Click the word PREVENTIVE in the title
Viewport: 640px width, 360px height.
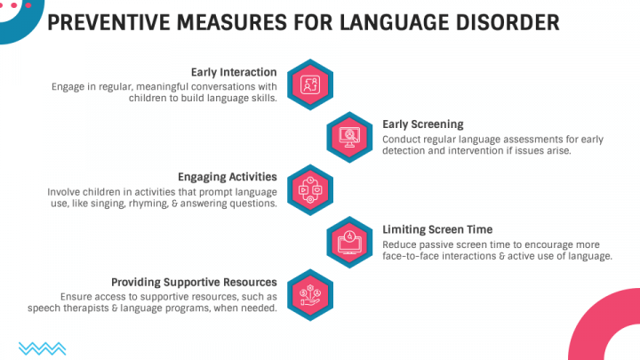click(x=108, y=22)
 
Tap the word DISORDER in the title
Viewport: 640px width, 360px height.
click(x=508, y=22)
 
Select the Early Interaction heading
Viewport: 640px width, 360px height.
click(x=234, y=72)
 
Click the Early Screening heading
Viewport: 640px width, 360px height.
click(x=423, y=124)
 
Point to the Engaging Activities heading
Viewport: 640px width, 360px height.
click(x=228, y=177)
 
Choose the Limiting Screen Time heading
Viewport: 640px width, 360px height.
click(x=437, y=229)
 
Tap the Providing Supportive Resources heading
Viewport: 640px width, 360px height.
click(x=194, y=282)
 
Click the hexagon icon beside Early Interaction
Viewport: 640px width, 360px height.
click(x=310, y=84)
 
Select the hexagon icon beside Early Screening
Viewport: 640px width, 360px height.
click(x=349, y=137)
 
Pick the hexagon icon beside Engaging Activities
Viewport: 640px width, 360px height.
click(x=310, y=190)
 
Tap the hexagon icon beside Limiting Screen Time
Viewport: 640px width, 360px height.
click(x=349, y=242)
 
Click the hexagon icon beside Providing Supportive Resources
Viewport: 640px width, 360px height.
click(x=310, y=295)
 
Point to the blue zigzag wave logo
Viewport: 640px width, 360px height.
click(x=42, y=348)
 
